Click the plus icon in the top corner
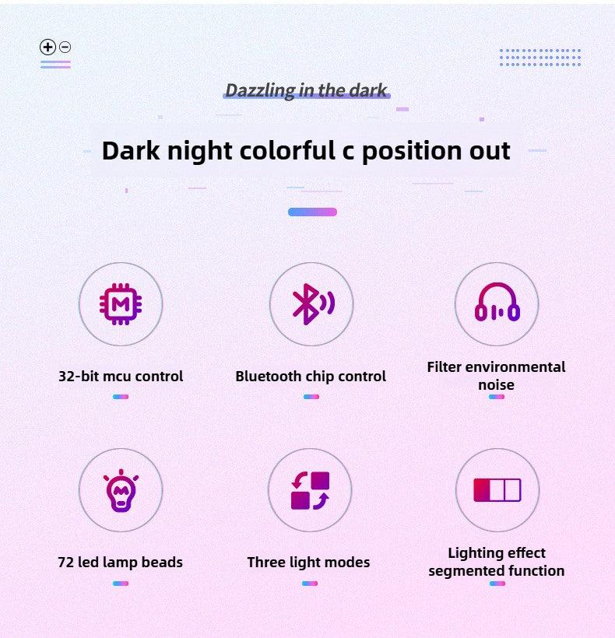[x=47, y=47]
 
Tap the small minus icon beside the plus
[x=65, y=47]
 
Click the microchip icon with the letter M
[x=121, y=304]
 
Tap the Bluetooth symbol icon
[x=313, y=304]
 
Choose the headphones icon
[x=497, y=302]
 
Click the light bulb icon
[x=121, y=490]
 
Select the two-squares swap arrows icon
[x=310, y=490]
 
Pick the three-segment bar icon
[x=497, y=490]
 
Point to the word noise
[x=496, y=385]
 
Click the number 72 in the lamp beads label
[x=65, y=563]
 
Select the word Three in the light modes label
[x=266, y=563]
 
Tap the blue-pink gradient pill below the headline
[x=313, y=212]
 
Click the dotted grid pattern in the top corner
[x=540, y=58]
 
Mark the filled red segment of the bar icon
[x=482, y=490]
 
